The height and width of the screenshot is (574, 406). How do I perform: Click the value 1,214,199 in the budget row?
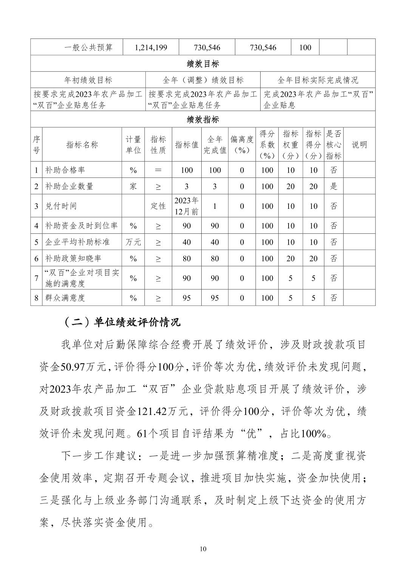tap(151, 48)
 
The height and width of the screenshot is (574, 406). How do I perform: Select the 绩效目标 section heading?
tap(203, 64)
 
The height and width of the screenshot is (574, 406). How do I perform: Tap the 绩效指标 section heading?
tap(203, 120)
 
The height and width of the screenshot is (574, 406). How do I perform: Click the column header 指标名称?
tap(82, 145)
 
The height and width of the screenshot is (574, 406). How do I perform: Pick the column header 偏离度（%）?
tap(242, 145)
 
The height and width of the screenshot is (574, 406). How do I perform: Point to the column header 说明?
tap(359, 145)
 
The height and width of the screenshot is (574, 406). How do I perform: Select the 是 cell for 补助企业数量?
tap(333, 186)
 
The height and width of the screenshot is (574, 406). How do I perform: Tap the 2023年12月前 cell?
tap(187, 206)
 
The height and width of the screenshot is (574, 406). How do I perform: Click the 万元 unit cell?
tap(133, 242)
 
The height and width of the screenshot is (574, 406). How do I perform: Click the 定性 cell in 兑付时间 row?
tap(158, 206)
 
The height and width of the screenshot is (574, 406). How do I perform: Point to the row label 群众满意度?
tap(65, 298)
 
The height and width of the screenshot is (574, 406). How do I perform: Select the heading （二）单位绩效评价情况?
tap(121, 322)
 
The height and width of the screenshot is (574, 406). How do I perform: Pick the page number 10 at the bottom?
tap(203, 549)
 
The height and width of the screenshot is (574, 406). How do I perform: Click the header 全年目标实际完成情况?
tap(318, 80)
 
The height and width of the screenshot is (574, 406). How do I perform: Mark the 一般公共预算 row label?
tap(88, 48)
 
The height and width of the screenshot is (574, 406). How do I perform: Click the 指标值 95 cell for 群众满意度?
tap(187, 298)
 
